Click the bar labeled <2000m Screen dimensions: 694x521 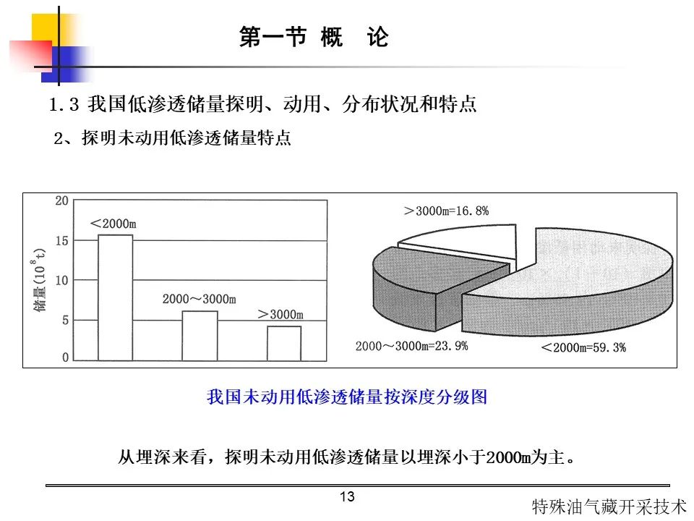pos(115,297)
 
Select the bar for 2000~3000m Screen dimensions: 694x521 pos(200,336)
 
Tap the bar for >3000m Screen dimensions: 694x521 pos(284,343)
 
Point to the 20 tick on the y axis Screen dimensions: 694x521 pos(62,200)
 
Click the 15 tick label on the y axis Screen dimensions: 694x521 pos(62,240)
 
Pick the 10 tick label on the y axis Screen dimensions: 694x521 pos(62,280)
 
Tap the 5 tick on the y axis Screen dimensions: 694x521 pos(66,320)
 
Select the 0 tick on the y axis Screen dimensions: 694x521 pos(66,357)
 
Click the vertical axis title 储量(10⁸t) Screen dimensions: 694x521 pos(39,280)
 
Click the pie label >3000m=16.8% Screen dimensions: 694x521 pos(447,211)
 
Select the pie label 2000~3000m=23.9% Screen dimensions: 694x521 pos(411,346)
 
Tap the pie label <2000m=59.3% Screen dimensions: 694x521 pos(583,347)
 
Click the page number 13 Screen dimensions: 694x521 pos(348,496)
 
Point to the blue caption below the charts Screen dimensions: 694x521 pos(347,397)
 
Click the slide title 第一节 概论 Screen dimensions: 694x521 pos(314,36)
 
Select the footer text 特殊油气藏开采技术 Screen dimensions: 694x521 pos(609,507)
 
